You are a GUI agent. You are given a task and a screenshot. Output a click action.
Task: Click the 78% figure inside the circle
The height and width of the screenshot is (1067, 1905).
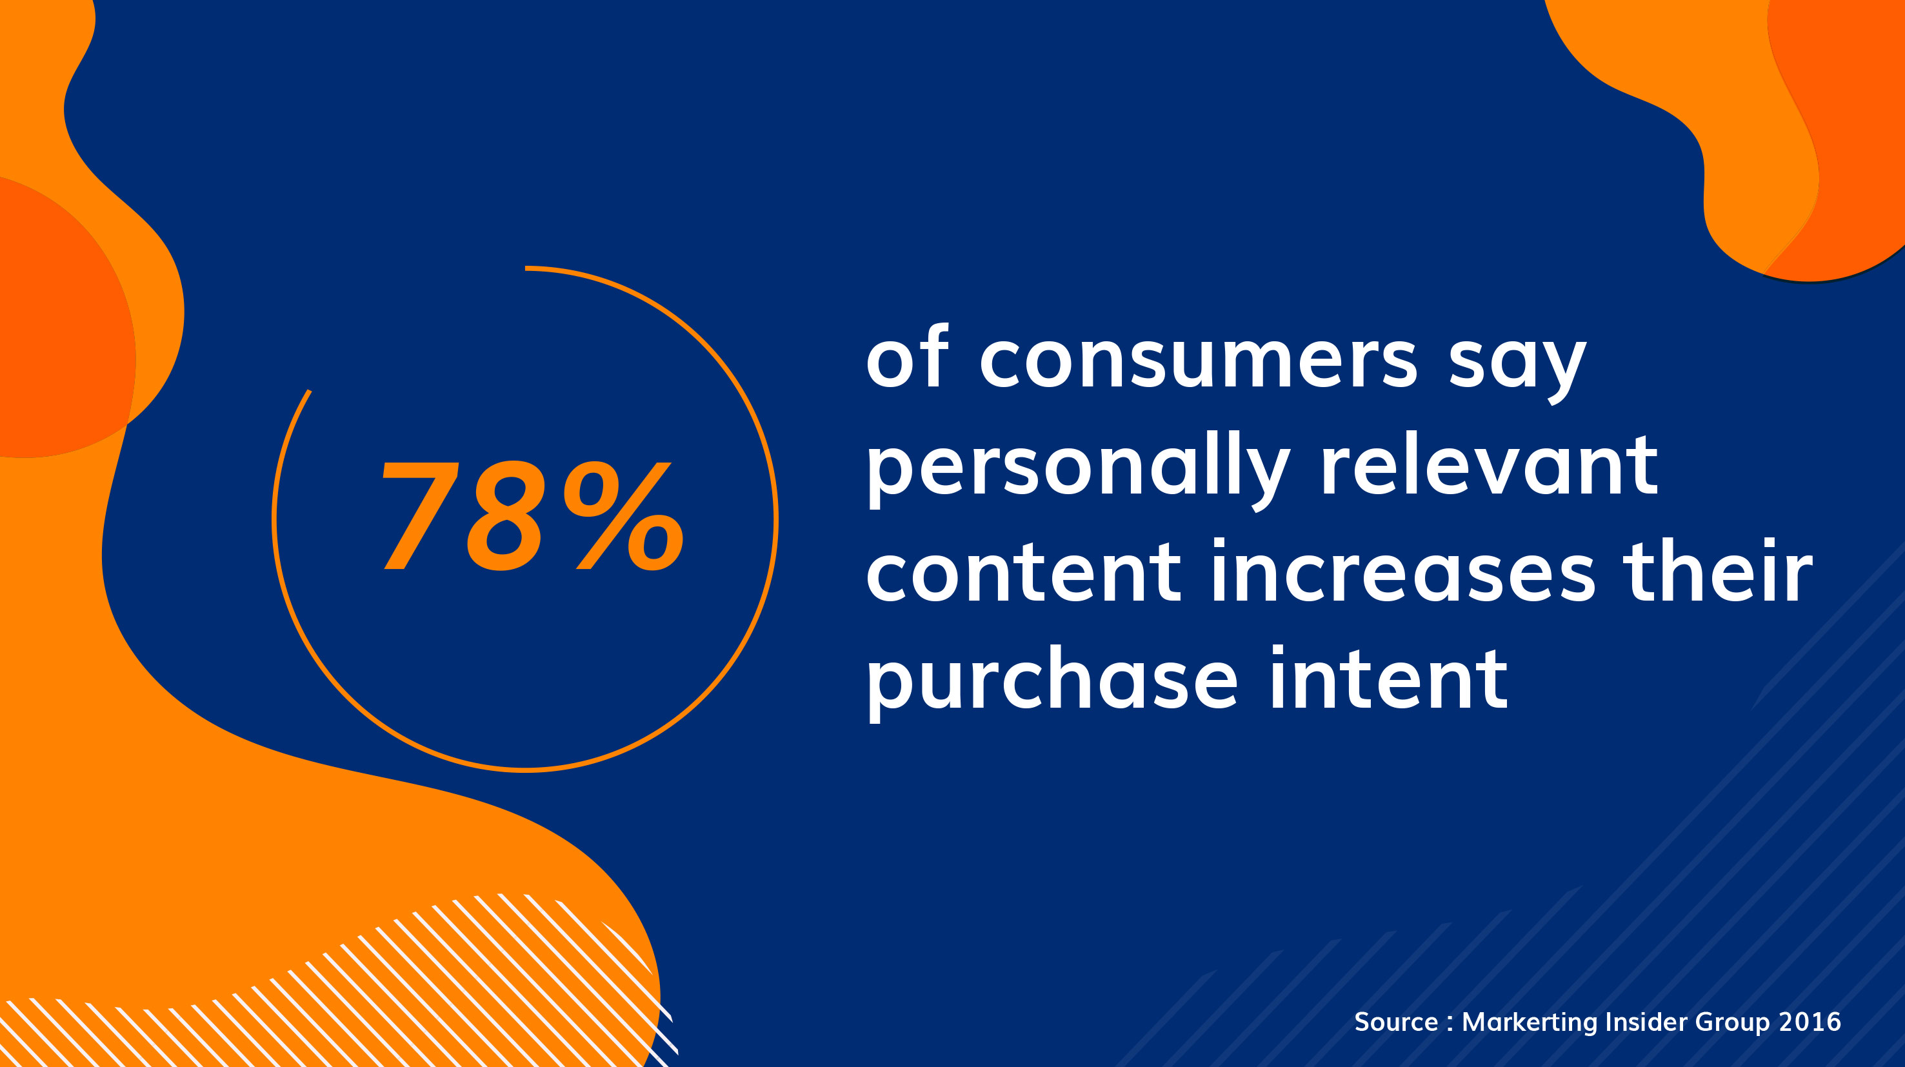click(532, 516)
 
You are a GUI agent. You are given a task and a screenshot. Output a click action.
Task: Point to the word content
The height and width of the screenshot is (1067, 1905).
click(1024, 573)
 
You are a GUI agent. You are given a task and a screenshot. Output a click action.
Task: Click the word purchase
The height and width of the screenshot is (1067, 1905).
click(1052, 681)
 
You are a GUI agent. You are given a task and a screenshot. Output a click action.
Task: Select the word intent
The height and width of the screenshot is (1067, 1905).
click(1388, 677)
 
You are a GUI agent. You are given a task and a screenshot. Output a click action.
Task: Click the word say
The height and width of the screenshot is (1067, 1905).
click(1517, 367)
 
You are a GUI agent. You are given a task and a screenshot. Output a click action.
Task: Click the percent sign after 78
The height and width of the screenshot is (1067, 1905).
click(623, 516)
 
